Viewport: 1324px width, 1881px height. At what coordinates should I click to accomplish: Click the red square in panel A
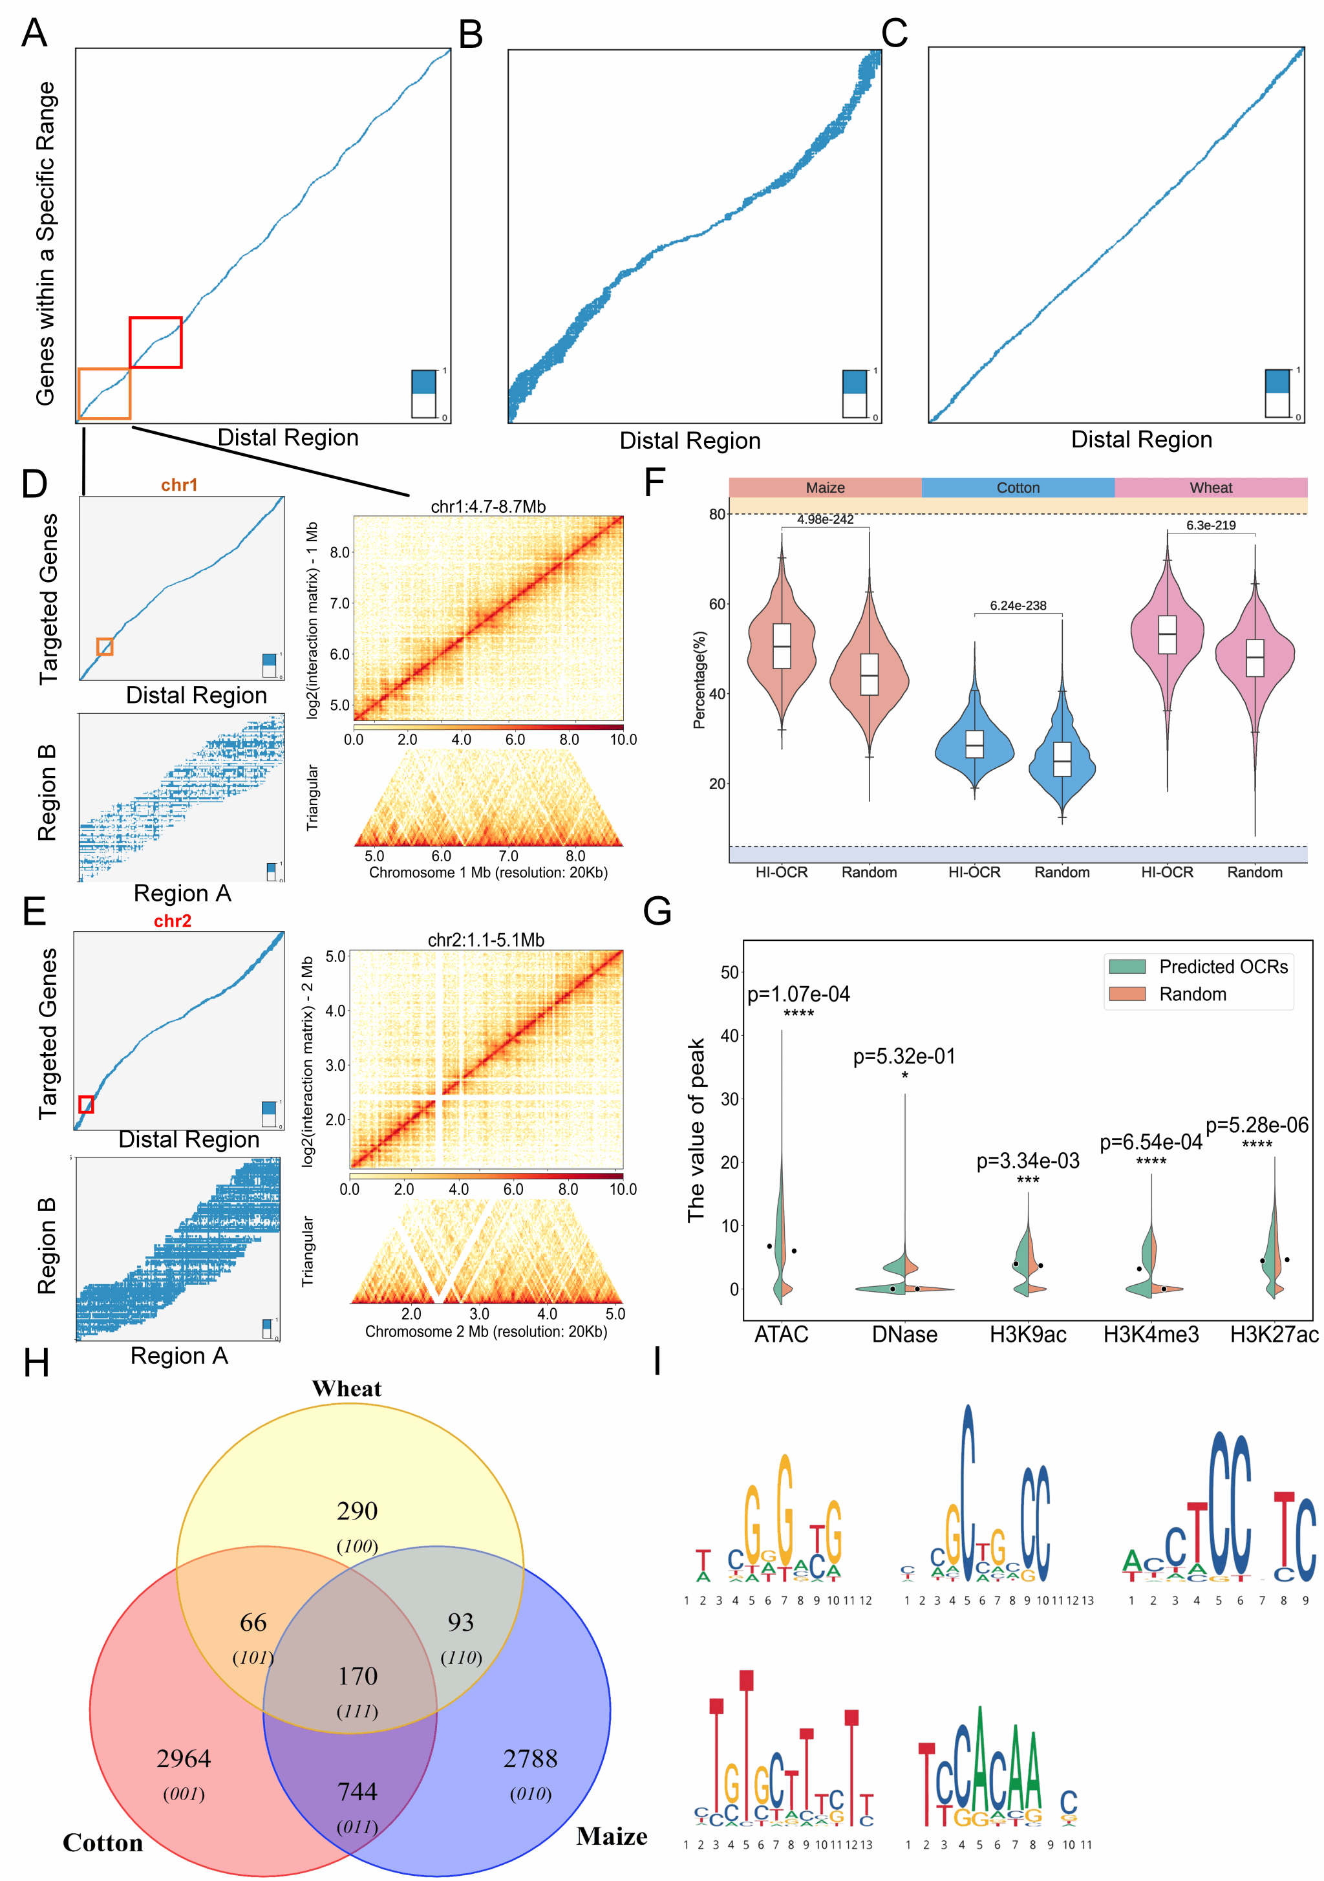click(x=156, y=343)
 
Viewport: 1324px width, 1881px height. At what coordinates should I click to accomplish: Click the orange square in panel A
click(x=104, y=394)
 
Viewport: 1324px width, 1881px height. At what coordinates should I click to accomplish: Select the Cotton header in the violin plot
click(x=1018, y=488)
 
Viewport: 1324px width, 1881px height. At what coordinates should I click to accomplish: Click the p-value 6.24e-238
click(x=1018, y=605)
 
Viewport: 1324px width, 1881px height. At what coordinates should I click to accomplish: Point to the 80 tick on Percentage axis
click(x=717, y=515)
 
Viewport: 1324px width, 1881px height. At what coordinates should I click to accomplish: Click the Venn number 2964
click(x=184, y=1758)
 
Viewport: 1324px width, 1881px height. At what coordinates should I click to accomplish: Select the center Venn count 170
click(x=358, y=1675)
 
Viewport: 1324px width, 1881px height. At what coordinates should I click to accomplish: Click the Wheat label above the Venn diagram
click(x=347, y=1389)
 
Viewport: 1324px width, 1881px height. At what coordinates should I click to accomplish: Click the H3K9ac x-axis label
click(x=1027, y=1335)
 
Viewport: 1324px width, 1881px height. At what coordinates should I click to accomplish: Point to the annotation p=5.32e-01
click(x=904, y=1057)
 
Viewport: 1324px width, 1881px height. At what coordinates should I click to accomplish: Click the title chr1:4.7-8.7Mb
click(x=487, y=506)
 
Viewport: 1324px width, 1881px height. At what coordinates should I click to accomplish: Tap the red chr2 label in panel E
click(x=172, y=921)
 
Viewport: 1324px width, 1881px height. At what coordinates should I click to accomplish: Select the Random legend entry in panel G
click(x=1192, y=994)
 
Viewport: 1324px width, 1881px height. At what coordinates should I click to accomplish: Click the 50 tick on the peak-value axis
click(x=729, y=973)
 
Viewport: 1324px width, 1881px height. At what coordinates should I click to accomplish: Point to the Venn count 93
click(x=460, y=1622)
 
